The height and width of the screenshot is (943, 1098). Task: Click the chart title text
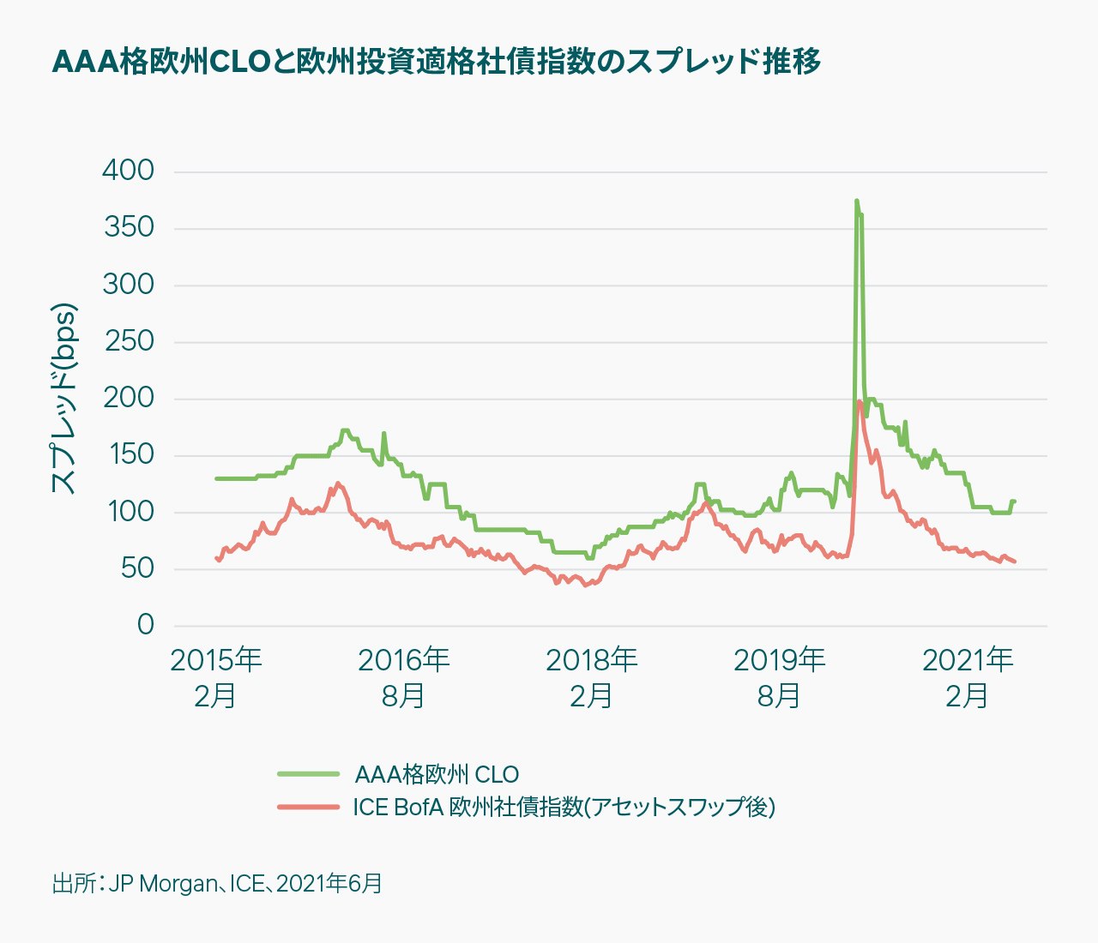point(437,62)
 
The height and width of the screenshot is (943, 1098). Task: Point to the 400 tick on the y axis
point(129,171)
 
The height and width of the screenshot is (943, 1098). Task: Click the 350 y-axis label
point(129,227)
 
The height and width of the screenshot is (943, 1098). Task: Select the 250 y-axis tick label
point(129,341)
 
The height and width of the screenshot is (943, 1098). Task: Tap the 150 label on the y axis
point(129,454)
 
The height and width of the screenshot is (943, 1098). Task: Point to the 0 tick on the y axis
point(145,625)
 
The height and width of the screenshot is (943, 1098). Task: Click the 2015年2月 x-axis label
point(215,677)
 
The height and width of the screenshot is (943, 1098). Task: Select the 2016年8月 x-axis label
point(403,677)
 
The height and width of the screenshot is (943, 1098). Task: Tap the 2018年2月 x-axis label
point(591,677)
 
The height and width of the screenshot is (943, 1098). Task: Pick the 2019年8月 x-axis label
point(779,677)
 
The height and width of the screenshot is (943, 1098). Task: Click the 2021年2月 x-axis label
point(967,677)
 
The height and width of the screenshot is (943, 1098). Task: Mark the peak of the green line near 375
point(856,201)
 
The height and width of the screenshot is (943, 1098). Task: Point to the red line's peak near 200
point(859,401)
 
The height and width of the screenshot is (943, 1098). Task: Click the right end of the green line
point(1014,502)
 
